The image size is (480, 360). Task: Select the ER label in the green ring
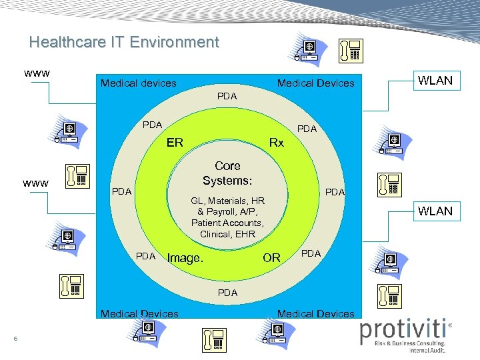(x=175, y=142)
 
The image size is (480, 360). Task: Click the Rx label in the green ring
(x=276, y=142)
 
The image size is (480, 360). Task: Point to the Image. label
(x=185, y=258)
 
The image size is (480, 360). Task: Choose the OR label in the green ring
(x=271, y=257)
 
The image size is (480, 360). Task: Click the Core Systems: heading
(x=227, y=173)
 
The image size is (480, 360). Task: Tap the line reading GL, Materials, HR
(x=227, y=201)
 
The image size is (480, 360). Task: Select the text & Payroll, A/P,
(x=227, y=211)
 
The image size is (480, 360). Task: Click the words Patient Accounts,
(x=227, y=223)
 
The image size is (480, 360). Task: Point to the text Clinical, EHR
(x=227, y=234)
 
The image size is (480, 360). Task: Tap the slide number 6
(x=15, y=340)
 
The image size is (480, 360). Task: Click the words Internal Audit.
(x=427, y=350)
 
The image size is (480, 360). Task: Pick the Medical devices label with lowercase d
(x=138, y=83)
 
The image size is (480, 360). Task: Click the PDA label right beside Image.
(x=146, y=256)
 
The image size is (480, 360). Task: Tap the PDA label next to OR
(x=311, y=253)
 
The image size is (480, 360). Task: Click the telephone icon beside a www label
(x=77, y=175)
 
